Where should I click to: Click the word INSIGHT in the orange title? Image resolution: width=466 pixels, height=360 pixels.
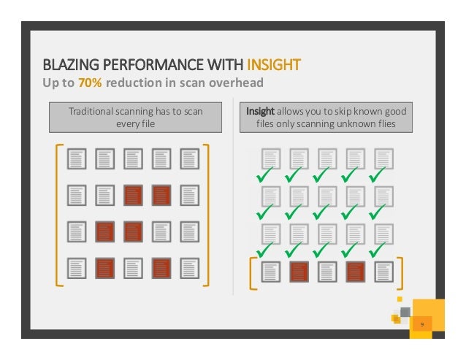[274, 65]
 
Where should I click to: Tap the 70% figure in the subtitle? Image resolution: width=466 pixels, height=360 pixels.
[91, 83]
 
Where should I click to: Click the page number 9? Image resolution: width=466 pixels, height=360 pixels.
[421, 323]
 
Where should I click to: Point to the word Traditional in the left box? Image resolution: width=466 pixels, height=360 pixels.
[92, 111]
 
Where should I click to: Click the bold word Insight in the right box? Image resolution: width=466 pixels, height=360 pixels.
[260, 111]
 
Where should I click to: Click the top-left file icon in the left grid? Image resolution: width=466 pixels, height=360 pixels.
[77, 159]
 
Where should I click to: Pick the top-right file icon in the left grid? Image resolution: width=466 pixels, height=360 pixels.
[189, 159]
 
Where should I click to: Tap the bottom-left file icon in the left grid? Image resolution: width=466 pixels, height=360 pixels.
[77, 268]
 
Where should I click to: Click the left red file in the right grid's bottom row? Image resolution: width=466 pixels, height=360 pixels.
[299, 272]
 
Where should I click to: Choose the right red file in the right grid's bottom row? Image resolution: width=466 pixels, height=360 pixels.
[356, 272]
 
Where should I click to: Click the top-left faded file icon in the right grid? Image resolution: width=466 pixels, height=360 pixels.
[271, 159]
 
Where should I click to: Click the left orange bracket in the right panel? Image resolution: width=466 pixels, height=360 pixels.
[253, 272]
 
